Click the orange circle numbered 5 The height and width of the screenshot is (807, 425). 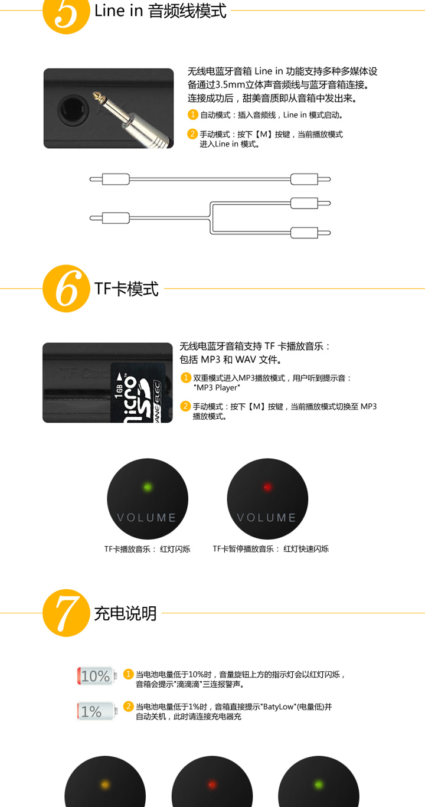coord(66,12)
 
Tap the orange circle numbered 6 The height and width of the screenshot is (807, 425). coord(66,289)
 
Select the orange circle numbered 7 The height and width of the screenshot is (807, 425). coord(66,613)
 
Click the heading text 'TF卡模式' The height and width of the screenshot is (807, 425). coord(126,289)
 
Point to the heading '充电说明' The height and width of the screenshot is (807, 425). coord(125,613)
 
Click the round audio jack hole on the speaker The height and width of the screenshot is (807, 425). coord(73,110)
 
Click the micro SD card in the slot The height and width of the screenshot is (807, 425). coord(138,393)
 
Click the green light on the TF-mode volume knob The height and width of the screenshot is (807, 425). coord(148,487)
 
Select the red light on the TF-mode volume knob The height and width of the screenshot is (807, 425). coord(267,487)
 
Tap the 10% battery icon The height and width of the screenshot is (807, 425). coord(97,676)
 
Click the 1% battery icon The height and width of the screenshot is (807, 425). coord(97,711)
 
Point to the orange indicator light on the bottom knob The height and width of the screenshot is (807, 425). coord(105,785)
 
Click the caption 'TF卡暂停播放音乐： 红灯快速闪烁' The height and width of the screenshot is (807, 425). coord(270,548)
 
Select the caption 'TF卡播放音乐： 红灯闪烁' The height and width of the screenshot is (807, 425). coord(147,549)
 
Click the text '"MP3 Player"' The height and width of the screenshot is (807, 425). coord(217,388)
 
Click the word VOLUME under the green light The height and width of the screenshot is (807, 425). coord(146,518)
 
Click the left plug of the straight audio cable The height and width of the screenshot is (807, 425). coord(109,179)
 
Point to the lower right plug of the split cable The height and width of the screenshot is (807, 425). coord(310,233)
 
